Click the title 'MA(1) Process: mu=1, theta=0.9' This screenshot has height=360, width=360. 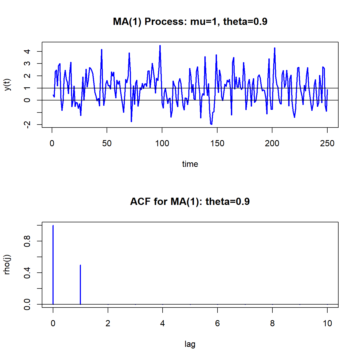pos(190,21)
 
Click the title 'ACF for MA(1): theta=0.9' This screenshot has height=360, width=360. pos(190,201)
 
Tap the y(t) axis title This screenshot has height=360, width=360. pos(8,85)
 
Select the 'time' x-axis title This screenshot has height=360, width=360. pos(190,164)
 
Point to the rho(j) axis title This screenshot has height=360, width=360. pos(7,265)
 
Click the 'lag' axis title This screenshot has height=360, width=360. pos(190,344)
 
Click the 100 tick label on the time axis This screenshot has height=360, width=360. pos(162,144)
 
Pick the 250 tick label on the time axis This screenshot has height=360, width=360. pos(327,144)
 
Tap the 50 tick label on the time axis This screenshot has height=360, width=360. pos(107,144)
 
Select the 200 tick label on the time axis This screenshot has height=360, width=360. pos(272,144)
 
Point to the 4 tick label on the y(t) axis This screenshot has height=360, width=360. pos(27,51)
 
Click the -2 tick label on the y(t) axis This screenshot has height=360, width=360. pos(27,125)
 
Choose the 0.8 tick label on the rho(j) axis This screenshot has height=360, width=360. pos(27,241)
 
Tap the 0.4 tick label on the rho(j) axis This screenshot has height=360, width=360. pos(27,273)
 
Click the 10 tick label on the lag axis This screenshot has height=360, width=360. pos(327,324)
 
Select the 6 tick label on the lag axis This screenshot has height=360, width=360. pos(217,324)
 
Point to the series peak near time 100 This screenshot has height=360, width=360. pos(160,46)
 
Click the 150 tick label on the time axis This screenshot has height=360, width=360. pos(217,144)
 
